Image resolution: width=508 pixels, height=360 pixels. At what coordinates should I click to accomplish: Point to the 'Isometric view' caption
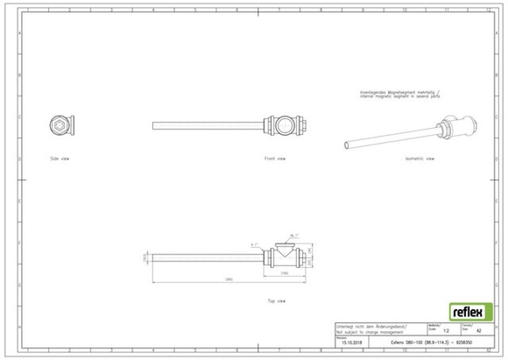point(416,159)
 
